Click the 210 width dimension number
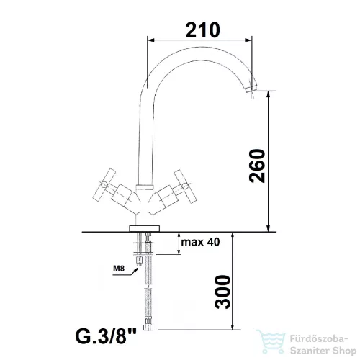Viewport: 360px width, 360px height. pyautogui.click(x=202, y=30)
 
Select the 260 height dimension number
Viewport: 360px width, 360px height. pyautogui.click(x=257, y=166)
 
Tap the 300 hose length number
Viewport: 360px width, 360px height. pyautogui.click(x=222, y=292)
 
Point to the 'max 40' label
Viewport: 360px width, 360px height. pyautogui.click(x=200, y=242)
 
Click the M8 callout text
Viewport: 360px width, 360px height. pyautogui.click(x=119, y=269)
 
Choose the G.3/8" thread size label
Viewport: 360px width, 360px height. pyautogui.click(x=106, y=336)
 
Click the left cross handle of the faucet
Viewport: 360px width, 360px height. pyautogui.click(x=104, y=185)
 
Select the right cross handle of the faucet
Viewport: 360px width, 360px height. pyautogui.click(x=185, y=186)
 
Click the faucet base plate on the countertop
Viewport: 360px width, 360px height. pyautogui.click(x=144, y=228)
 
